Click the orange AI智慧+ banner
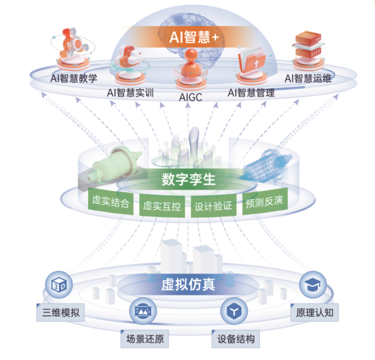click(194, 36)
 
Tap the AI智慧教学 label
click(74, 78)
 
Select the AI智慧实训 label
click(130, 93)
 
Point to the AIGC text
click(190, 97)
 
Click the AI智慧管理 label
click(251, 93)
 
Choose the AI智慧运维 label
click(308, 78)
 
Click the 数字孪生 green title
click(189, 180)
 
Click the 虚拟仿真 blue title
click(188, 285)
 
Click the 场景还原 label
click(144, 338)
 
